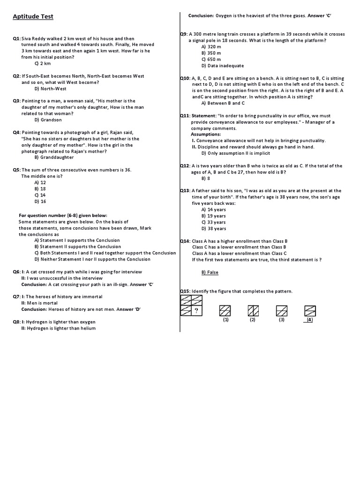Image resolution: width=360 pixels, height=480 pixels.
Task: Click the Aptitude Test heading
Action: [33, 17]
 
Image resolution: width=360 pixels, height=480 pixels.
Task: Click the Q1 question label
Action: [17, 38]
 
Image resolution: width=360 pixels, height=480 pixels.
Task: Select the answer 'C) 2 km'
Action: [43, 63]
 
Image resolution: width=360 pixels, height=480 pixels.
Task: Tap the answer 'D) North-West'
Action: [51, 89]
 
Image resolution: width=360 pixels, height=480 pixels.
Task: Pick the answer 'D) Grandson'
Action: [48, 120]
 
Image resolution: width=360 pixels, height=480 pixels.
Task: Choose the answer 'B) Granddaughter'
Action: [52, 157]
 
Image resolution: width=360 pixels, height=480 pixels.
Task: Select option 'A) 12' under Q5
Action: [40, 182]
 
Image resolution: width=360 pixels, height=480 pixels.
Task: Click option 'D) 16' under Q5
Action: [40, 202]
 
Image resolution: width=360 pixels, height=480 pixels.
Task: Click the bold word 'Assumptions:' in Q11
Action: [206, 135]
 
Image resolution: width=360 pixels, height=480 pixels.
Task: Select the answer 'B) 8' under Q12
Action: [206, 179]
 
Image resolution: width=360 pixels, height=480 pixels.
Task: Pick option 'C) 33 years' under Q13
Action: [214, 222]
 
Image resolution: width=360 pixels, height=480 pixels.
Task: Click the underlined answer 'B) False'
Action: [210, 272]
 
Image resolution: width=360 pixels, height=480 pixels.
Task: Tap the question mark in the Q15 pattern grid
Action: [197, 310]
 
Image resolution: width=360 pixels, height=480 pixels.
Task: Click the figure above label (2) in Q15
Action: [253, 310]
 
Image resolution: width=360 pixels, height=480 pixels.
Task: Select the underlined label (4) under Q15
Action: [309, 320]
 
